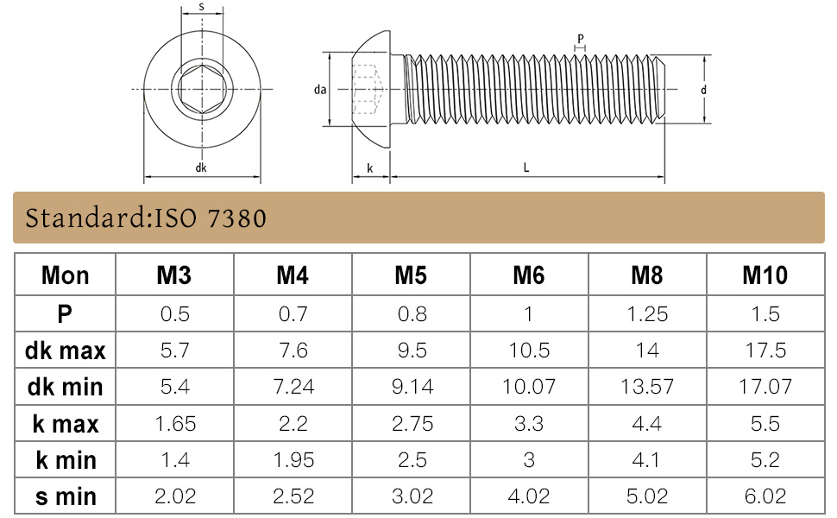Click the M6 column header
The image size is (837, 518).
[528, 275]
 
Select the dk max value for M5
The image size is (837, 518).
[412, 351]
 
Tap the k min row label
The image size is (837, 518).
[66, 460]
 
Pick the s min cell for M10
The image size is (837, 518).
[765, 496]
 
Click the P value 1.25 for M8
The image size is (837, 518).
[647, 314]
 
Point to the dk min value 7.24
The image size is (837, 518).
[293, 387]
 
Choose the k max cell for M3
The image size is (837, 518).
[175, 424]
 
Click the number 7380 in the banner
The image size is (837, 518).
[236, 218]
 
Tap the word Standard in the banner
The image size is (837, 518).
[85, 218]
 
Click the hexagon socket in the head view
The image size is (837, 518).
[202, 89]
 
